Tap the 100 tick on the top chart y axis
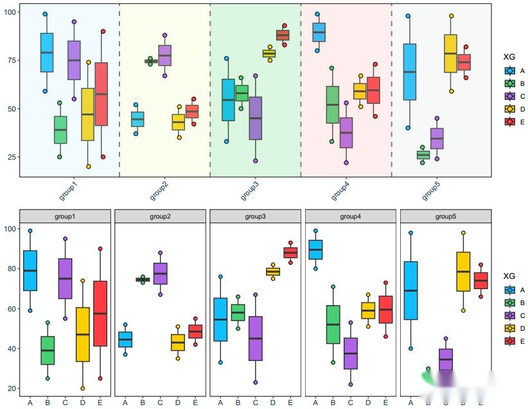[x=11, y=12]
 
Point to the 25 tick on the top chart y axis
[x=11, y=157]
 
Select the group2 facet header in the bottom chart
[x=160, y=216]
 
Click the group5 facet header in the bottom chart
[x=446, y=216]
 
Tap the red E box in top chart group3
[x=283, y=35]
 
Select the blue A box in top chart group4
[x=319, y=32]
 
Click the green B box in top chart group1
[x=60, y=129]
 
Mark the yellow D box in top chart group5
[x=451, y=53]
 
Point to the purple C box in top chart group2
[x=164, y=55]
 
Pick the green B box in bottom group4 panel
[x=333, y=324]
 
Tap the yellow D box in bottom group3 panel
[x=273, y=271]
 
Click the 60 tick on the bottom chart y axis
[x=11, y=309]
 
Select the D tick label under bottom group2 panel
[x=178, y=403]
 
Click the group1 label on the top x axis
[x=69, y=190]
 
